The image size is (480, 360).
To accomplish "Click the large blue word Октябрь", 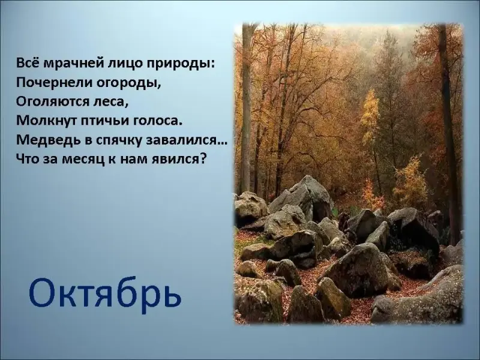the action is [105, 293].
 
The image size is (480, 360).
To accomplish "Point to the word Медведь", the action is [49, 140].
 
